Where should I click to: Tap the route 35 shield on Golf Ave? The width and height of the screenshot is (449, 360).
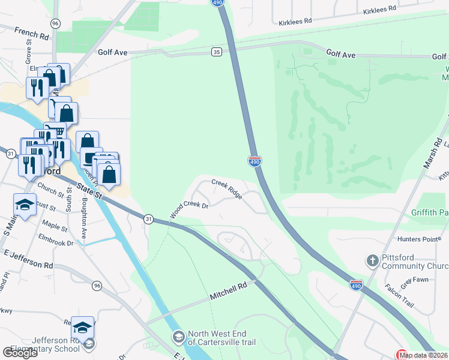217,52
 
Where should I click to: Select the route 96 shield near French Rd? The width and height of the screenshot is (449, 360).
55,23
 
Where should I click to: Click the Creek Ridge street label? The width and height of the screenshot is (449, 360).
227,188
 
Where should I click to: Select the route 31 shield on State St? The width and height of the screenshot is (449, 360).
148,219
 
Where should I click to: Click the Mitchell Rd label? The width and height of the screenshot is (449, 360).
229,292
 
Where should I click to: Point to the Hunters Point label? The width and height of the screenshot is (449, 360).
424,239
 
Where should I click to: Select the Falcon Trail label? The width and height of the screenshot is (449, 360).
399,295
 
